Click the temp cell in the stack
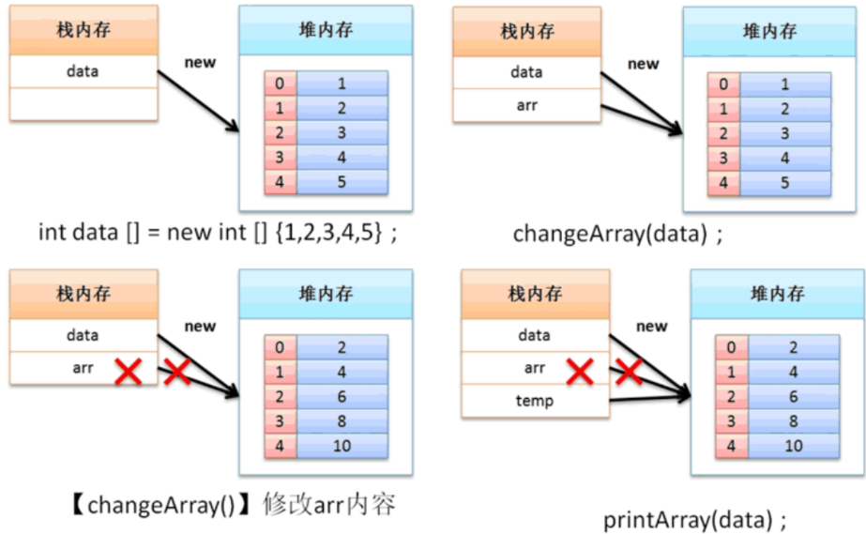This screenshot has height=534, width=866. tap(535, 400)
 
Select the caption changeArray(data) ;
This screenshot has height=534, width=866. tap(618, 234)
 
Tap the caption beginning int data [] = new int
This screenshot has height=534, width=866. tap(218, 232)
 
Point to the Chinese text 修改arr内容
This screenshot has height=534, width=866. tap(329, 505)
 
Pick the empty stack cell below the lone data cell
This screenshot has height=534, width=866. tap(84, 104)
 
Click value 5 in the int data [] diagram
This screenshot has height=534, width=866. tap(342, 181)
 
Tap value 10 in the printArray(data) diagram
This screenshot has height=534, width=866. tap(794, 445)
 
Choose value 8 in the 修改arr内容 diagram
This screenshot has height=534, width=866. tap(342, 420)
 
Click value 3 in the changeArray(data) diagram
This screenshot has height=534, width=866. tap(784, 133)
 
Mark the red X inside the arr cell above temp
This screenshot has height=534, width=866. tap(581, 371)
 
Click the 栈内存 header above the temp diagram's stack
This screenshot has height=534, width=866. tap(535, 294)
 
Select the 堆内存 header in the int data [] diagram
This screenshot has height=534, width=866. tap(326, 30)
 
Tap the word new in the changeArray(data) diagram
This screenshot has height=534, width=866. tap(644, 64)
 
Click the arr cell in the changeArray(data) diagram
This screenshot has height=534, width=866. tap(526, 105)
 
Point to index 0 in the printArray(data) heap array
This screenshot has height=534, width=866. tap(731, 347)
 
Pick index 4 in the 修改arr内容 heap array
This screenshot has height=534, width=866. tap(280, 445)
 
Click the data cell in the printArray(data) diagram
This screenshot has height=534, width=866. tap(535, 335)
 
